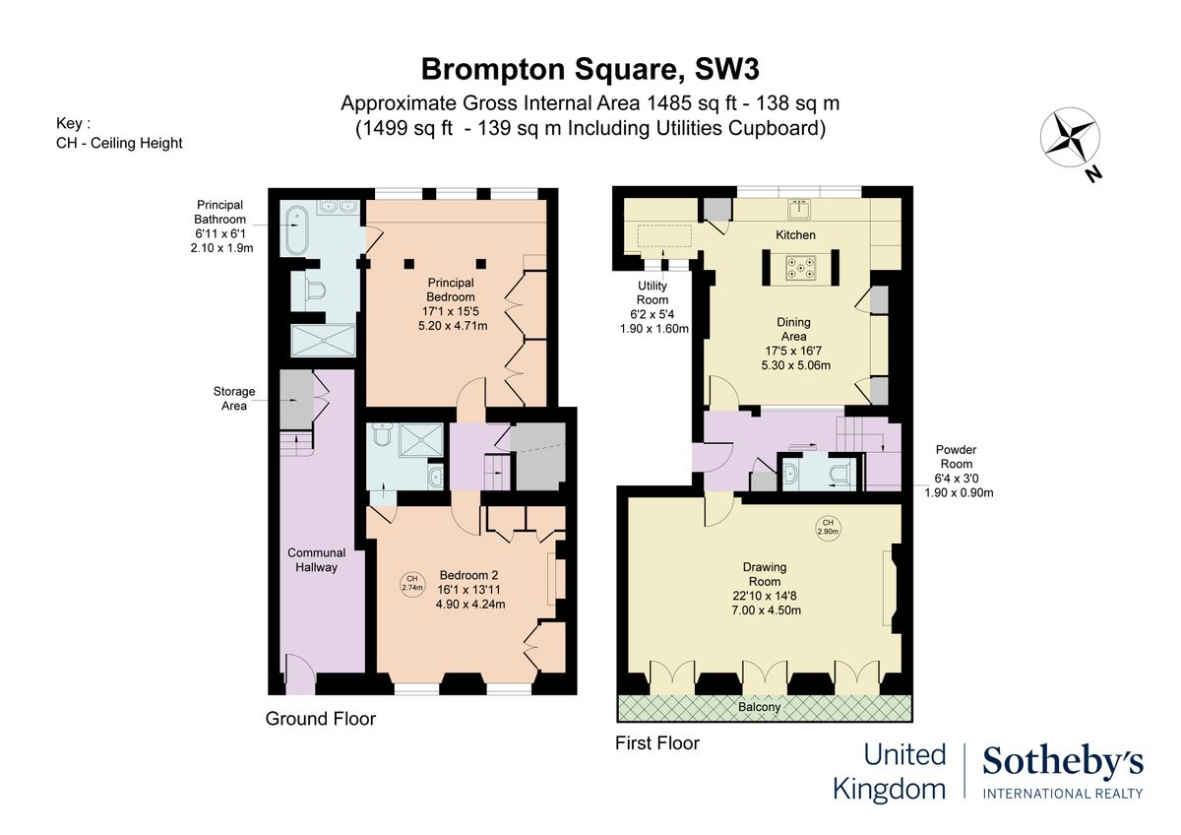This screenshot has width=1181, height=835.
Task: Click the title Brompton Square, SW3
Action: coord(590,69)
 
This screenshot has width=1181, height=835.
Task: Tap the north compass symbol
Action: coord(1071,139)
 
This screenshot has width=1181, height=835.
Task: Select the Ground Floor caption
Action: coord(320,719)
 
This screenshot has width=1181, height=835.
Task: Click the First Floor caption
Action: coord(656,743)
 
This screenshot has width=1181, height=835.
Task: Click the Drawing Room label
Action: coord(765,574)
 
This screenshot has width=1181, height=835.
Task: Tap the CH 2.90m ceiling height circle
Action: coord(828,527)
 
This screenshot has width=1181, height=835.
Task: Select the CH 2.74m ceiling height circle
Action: coord(412,583)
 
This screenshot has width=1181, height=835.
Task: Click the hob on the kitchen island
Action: coord(798,267)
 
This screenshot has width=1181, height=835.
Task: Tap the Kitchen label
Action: coord(795,235)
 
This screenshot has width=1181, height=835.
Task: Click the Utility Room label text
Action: coord(652,293)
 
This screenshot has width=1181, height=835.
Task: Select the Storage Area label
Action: coord(234,399)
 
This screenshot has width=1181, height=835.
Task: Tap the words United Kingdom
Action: coord(890,772)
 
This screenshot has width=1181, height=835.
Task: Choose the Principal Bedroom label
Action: coord(451,290)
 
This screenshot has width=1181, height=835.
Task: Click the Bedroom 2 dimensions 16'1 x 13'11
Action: coord(470,590)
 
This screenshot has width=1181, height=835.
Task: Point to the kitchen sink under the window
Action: coord(798,209)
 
